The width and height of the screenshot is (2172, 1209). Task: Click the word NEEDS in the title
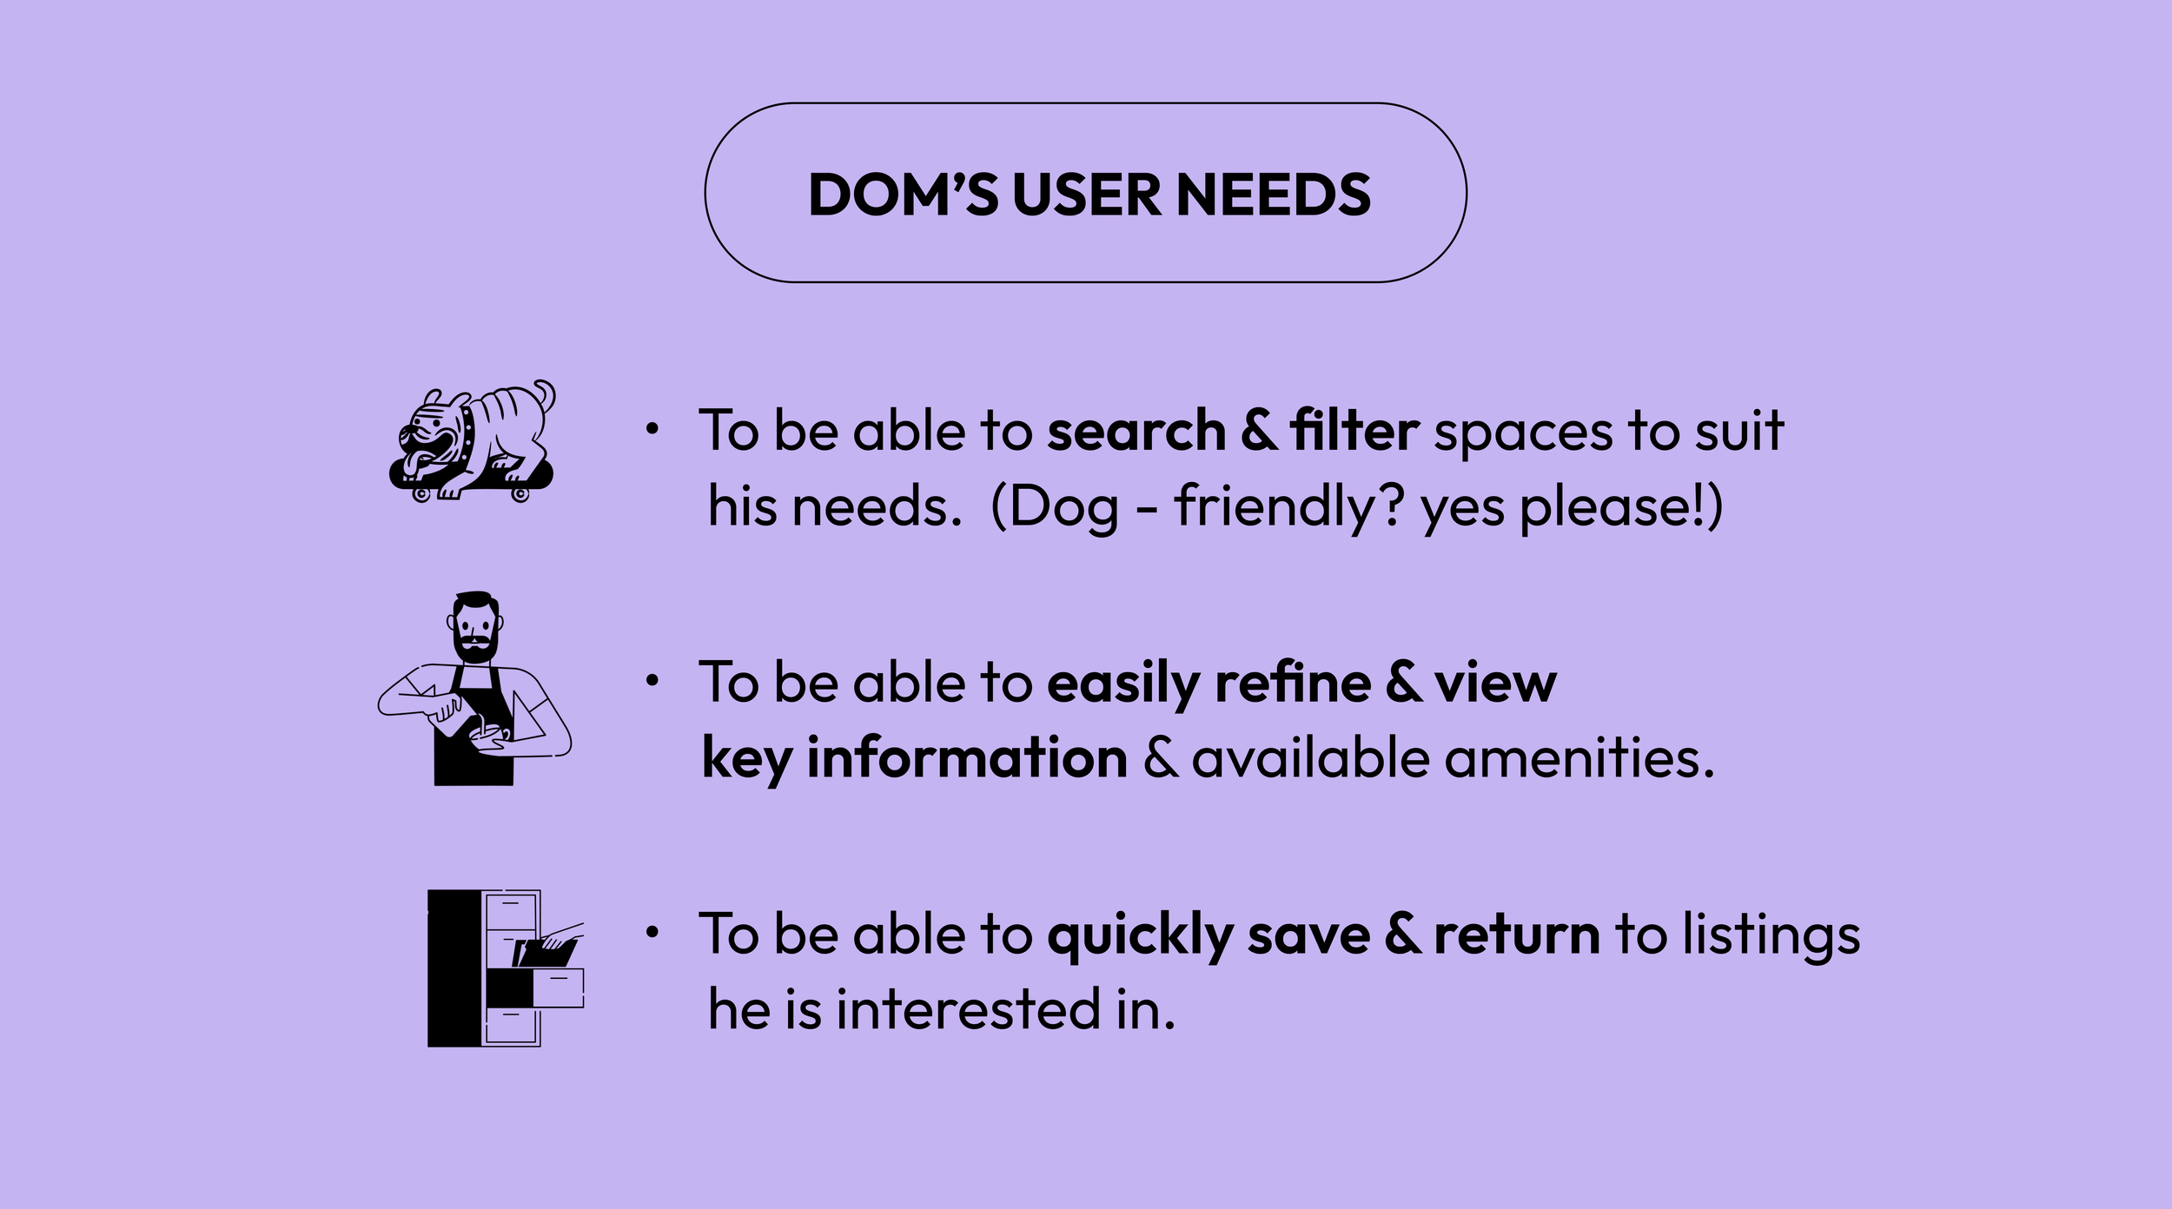[1273, 195]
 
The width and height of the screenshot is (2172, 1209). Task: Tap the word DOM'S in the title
[903, 195]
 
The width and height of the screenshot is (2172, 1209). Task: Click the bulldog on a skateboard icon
[473, 442]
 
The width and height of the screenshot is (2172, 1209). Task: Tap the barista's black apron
[473, 747]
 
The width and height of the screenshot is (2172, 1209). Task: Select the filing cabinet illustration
[505, 968]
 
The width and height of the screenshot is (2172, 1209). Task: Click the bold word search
[1136, 431]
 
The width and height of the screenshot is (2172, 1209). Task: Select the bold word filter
[1354, 431]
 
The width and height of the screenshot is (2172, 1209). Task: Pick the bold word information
[967, 758]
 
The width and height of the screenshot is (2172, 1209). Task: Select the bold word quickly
[1139, 936]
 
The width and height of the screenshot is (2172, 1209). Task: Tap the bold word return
[1516, 935]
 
